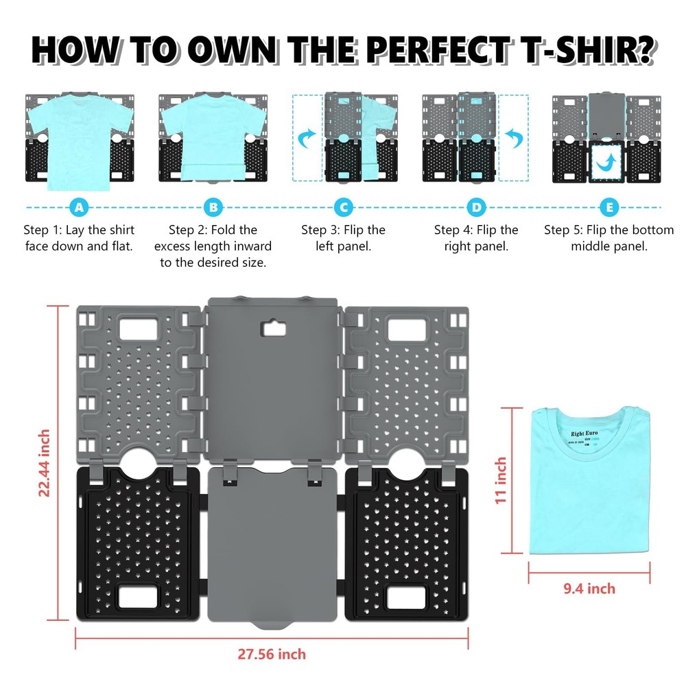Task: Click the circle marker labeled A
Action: (80, 207)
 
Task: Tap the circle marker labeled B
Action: (213, 207)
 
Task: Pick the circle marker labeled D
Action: (475, 207)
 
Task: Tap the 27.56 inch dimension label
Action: (272, 654)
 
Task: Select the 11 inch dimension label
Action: (501, 480)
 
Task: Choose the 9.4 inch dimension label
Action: (589, 589)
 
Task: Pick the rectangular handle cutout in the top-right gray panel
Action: (405, 329)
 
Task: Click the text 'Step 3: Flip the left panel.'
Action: (343, 237)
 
